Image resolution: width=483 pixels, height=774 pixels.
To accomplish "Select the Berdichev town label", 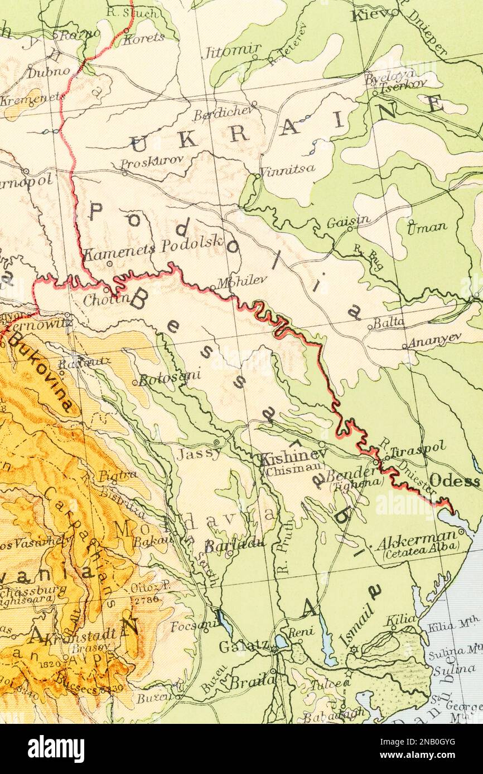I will tap(223, 115).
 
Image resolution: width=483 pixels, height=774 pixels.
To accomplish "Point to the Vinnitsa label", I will tap(287, 168).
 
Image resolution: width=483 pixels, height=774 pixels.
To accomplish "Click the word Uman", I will tap(427, 227).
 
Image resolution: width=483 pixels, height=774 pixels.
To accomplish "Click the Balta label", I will tap(389, 322).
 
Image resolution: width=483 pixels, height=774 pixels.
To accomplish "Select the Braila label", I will tap(253, 680).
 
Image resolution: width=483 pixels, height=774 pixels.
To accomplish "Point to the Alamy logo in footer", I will tap(56, 749).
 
